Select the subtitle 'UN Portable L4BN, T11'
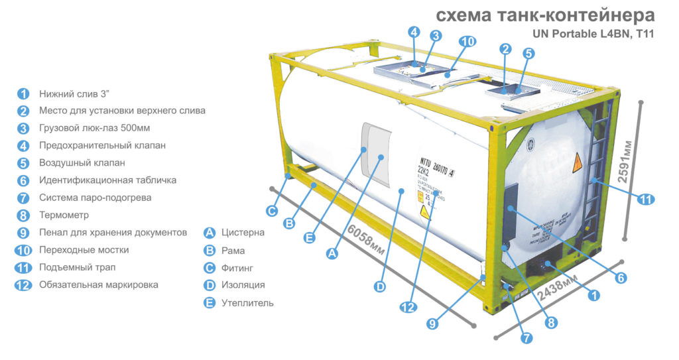tap(593, 33)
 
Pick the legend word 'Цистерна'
tap(243, 233)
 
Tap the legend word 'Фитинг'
tap(237, 268)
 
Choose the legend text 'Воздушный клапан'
tap(82, 162)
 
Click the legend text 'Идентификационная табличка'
tap(107, 180)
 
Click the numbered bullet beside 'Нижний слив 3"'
tap(24, 93)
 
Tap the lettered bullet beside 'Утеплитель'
tap(210, 302)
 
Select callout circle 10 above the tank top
tap(467, 41)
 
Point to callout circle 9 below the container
tap(432, 324)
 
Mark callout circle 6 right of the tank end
tap(621, 278)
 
